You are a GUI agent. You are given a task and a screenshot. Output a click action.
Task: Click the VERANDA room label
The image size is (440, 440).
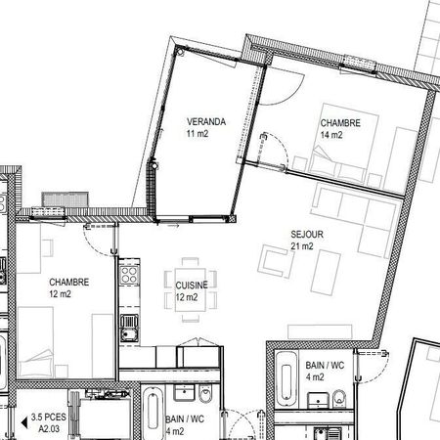coord(206,122)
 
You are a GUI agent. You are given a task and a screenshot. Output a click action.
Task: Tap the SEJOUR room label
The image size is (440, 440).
coord(306,236)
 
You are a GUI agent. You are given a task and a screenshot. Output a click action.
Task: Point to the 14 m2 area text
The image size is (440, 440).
coord(331,136)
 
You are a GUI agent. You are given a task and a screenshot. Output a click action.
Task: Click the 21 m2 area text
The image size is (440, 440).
coord(302,247)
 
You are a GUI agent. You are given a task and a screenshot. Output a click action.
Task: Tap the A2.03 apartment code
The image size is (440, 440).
coord(50,427)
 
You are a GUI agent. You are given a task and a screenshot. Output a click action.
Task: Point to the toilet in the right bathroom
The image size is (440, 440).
coord(338,397)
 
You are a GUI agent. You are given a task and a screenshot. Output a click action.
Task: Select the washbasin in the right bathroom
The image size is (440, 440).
coord(318,401)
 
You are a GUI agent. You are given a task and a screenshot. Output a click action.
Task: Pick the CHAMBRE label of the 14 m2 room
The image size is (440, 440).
coord(340,123)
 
